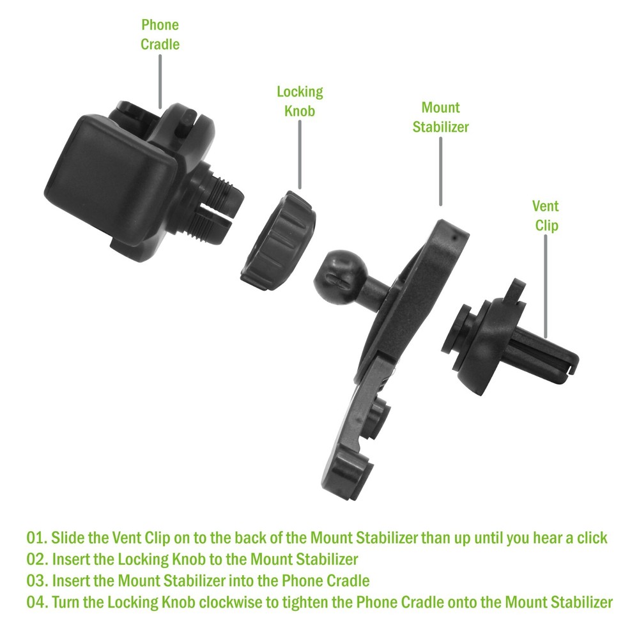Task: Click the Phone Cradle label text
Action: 160,35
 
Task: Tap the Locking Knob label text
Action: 300,101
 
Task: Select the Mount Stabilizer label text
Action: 440,117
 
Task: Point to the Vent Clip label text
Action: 545,215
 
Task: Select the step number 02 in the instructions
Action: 36,559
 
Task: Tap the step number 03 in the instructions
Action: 36,581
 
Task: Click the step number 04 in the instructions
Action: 36,603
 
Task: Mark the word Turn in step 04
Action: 65,603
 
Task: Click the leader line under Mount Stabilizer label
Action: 441,169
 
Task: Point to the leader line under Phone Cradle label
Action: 160,80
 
